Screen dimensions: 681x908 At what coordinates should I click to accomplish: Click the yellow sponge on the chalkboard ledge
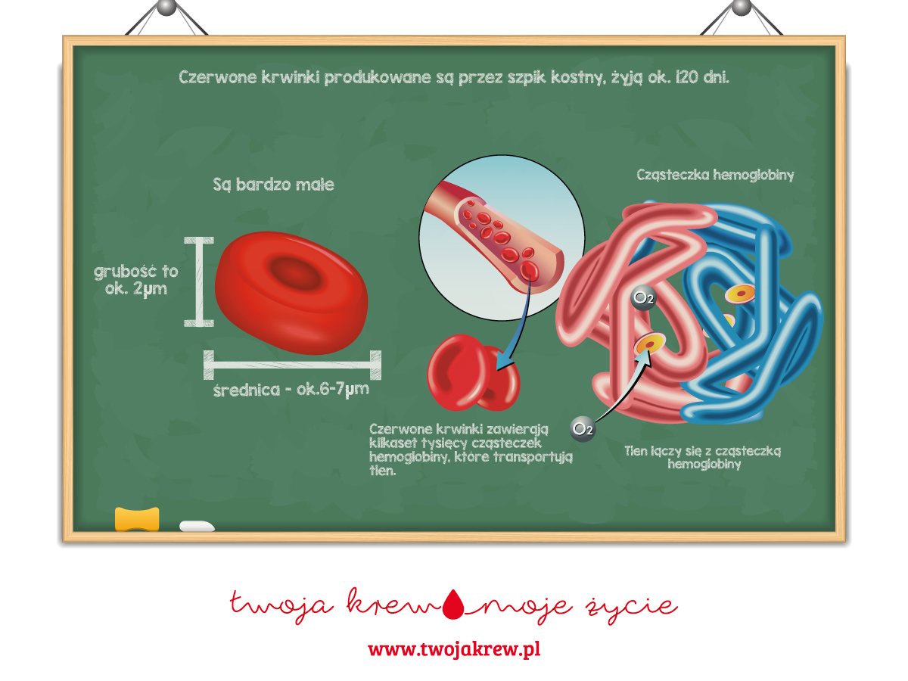coord(137,519)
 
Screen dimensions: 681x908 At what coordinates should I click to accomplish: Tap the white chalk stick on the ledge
coord(197,526)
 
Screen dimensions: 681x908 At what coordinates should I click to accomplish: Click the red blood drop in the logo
coord(454,602)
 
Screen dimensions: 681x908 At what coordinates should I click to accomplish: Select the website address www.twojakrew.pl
coord(454,649)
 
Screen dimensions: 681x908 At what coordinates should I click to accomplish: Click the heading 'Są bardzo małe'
coord(273,185)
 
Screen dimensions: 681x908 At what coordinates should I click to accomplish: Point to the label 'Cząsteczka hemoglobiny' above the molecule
coord(715,175)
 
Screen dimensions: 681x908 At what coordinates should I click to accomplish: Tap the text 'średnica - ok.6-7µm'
coord(291,391)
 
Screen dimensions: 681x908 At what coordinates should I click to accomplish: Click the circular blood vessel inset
coord(501,235)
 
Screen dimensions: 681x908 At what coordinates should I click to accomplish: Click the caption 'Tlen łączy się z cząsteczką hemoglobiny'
coord(703,457)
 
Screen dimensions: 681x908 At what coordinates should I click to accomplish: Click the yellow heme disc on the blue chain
coord(741,293)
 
